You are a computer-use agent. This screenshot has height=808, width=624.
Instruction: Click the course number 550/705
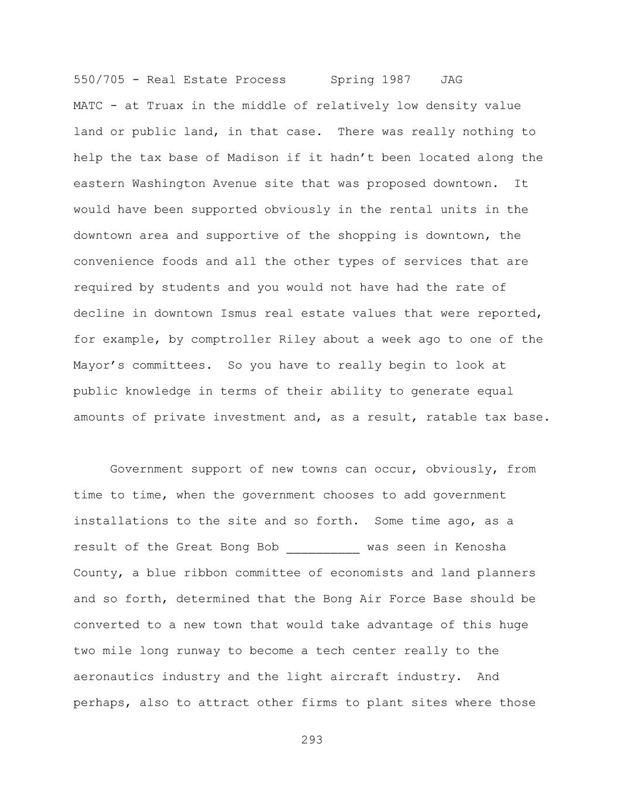[99, 80]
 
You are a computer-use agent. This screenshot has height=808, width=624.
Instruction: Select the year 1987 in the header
[396, 80]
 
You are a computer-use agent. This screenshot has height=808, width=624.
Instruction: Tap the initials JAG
[451, 80]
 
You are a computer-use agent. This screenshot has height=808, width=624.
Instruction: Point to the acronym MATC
[88, 106]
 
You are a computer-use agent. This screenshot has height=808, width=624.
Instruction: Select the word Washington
[169, 184]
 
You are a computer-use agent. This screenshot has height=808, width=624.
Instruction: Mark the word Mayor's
[95, 365]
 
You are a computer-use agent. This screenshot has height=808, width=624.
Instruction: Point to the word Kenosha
[481, 547]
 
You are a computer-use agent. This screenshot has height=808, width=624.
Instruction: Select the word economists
[366, 573]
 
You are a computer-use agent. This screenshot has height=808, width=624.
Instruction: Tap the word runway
[212, 651]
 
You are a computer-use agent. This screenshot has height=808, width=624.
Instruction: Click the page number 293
[312, 740]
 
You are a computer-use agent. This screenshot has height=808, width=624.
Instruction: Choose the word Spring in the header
[352, 80]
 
